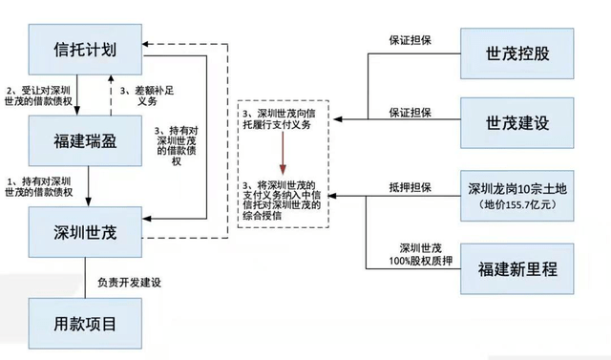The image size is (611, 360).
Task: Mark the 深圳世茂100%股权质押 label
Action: click(412, 252)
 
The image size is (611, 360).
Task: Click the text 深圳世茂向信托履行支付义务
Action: click(284, 117)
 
